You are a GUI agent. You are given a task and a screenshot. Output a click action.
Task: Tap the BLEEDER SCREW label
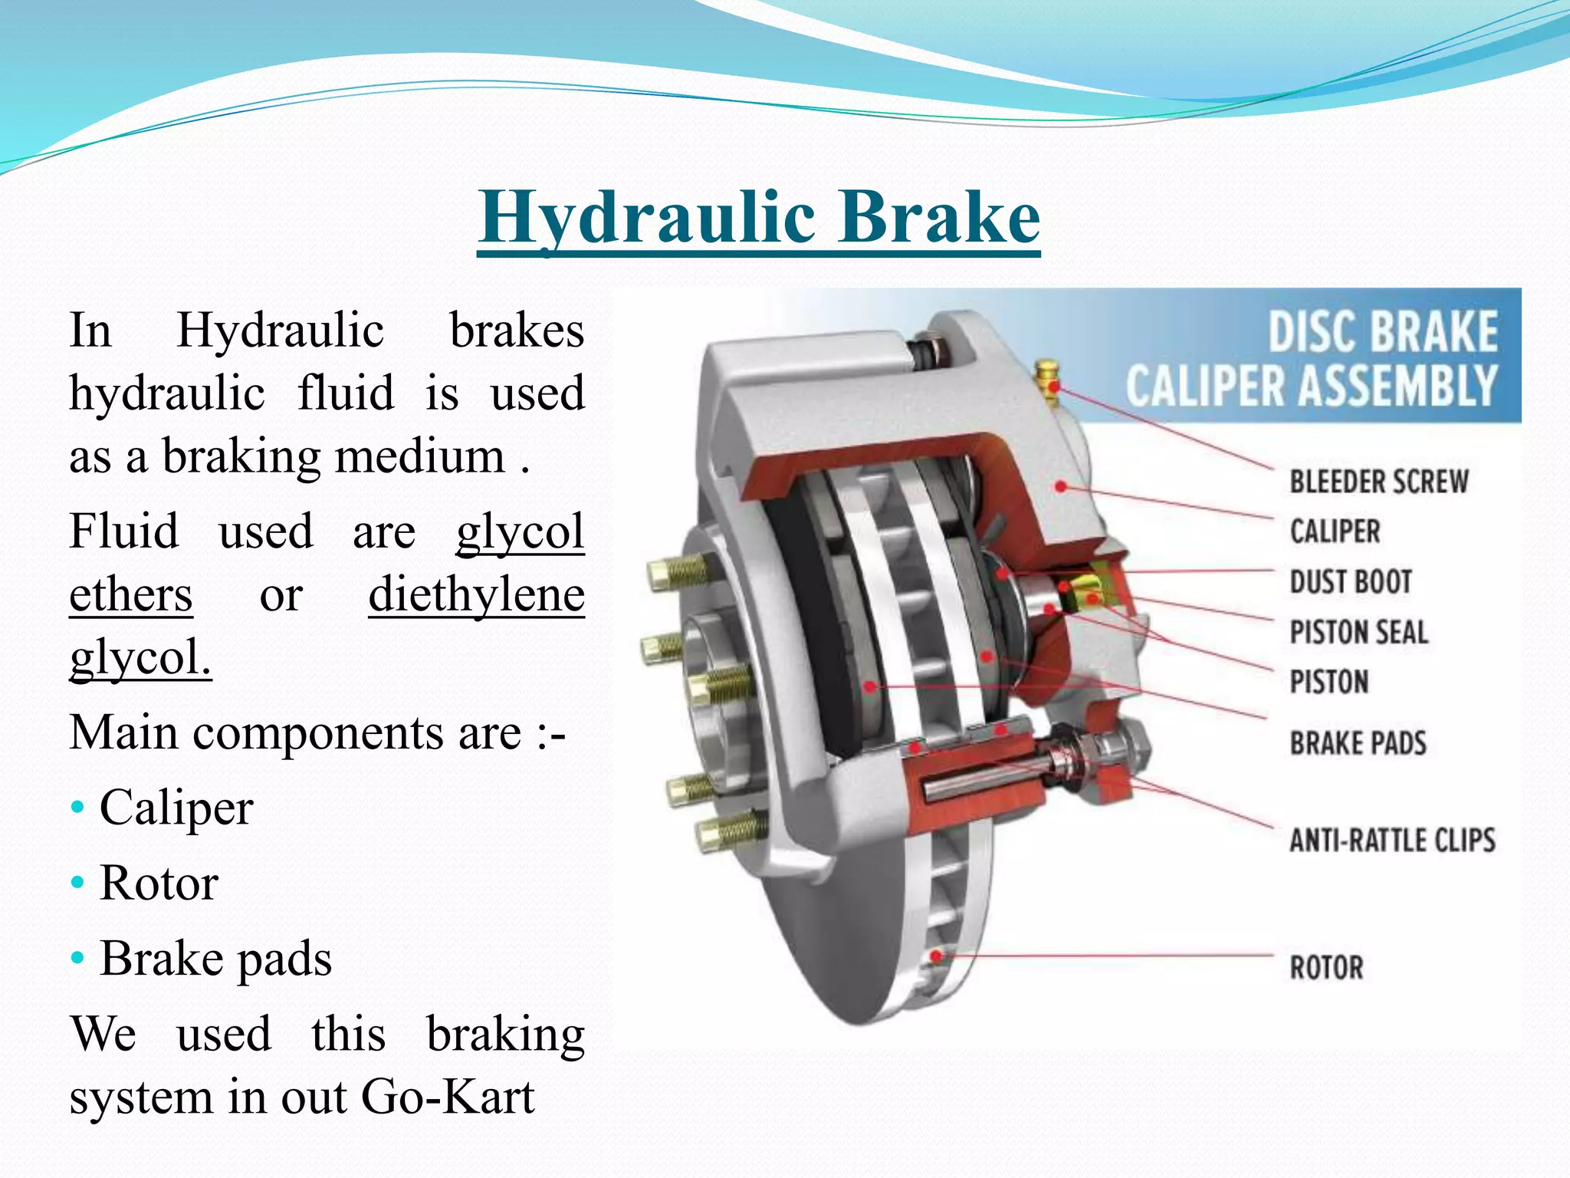tap(1378, 482)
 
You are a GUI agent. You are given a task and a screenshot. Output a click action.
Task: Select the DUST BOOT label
tap(1351, 582)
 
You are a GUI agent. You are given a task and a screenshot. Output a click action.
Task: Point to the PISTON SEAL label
tap(1358, 633)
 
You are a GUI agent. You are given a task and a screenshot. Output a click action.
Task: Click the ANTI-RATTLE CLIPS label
tap(1391, 841)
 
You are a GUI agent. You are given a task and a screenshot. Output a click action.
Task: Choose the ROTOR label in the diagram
tap(1326, 967)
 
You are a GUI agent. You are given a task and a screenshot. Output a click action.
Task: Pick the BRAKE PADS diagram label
tap(1358, 743)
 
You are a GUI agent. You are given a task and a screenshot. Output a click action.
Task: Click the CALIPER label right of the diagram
tap(1335, 531)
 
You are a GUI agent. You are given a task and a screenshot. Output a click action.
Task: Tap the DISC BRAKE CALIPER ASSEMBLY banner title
tap(1311, 358)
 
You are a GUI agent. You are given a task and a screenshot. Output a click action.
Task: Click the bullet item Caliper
tap(176, 808)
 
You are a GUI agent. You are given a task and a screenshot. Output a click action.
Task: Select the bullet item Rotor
tap(159, 883)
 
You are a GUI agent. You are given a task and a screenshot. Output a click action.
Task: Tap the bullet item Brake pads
tap(215, 958)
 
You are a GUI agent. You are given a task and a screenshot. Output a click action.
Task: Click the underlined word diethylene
tap(476, 594)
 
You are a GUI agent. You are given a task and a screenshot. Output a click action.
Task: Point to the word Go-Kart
tap(447, 1096)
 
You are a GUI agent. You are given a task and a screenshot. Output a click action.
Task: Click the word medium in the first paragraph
tap(419, 456)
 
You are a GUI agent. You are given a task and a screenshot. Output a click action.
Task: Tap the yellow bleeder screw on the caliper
tap(1046, 376)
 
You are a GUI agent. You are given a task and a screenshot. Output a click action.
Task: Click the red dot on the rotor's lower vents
tap(936, 956)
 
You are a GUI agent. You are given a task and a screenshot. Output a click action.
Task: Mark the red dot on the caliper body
tap(1061, 486)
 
